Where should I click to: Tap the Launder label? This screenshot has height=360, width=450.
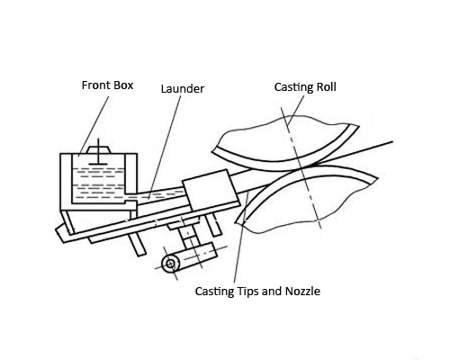click(183, 89)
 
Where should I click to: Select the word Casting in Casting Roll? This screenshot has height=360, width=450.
click(293, 87)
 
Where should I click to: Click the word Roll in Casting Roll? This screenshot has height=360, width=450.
click(326, 86)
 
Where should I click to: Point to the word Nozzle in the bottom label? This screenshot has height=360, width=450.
click(302, 292)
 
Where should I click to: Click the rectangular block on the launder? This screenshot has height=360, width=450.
click(210, 190)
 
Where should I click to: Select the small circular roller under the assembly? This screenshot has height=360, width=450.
click(170, 264)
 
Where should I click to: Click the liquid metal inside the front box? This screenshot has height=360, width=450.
click(98, 184)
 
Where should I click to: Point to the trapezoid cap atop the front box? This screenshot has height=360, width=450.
click(99, 149)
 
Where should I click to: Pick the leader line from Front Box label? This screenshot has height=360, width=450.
click(94, 125)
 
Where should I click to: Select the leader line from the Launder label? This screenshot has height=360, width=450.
click(165, 147)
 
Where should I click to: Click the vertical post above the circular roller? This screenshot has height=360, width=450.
click(188, 237)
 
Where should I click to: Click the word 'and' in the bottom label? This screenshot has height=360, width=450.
click(272, 292)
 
